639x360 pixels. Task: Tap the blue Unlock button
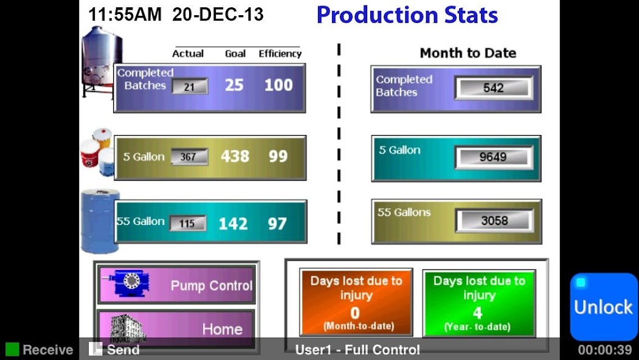coord(603,306)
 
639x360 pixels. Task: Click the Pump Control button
coord(176,285)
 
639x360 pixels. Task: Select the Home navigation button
coord(176,328)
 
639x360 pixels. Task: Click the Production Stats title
coord(407,15)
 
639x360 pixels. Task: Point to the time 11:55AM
coord(125,15)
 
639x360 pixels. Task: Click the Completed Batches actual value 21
coord(190,86)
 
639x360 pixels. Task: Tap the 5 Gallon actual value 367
coord(189,157)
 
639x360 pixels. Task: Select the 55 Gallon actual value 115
coord(187,223)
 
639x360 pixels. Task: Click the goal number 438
coord(235,157)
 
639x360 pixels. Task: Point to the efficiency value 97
coord(277,224)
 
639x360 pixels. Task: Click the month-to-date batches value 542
coord(493,88)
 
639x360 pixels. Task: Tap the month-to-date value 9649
coord(493,157)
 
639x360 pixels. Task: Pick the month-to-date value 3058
coord(494,220)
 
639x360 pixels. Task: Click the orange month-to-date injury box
coord(356,302)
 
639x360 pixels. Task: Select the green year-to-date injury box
coord(478,303)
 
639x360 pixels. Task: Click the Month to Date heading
coord(468,53)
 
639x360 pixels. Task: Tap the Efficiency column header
coord(280,54)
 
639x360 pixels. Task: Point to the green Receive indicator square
coord(12,350)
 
